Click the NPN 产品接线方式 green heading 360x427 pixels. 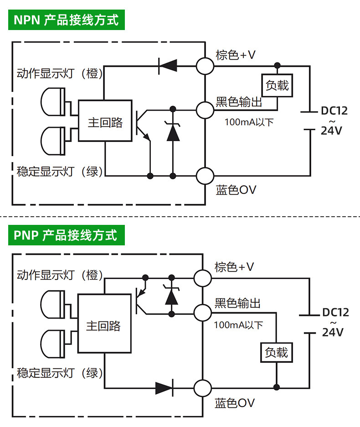tap(66, 20)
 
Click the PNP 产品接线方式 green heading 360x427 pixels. tap(66, 235)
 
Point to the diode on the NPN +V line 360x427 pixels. tap(168, 66)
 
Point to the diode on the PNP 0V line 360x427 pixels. tap(165, 388)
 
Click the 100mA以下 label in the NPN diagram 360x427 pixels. tap(249, 122)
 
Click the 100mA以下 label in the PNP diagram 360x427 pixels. tap(238, 325)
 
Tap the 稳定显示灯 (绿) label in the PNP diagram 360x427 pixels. tap(60, 373)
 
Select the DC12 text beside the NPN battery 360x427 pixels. tap(334, 111)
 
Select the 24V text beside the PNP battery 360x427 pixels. tap(333, 332)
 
